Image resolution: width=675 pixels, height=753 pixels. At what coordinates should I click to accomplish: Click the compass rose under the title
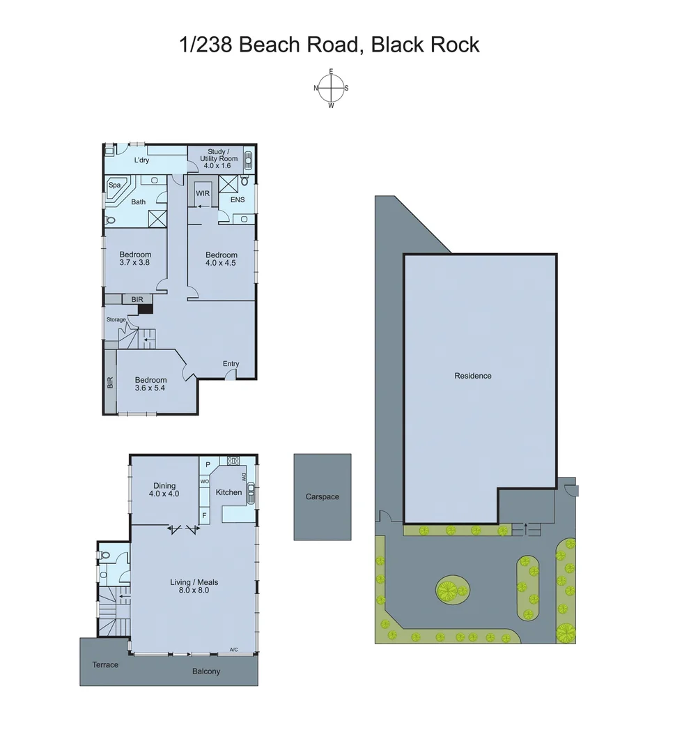click(x=331, y=89)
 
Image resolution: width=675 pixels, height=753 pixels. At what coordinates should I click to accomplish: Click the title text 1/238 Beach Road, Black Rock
click(x=329, y=45)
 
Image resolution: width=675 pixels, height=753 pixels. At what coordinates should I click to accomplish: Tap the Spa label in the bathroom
click(x=114, y=185)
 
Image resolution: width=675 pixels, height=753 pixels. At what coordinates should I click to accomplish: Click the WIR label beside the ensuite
click(x=203, y=193)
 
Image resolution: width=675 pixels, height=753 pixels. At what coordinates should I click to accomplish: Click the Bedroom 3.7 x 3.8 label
click(x=135, y=259)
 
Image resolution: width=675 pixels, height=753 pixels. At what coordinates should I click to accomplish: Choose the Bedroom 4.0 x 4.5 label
click(x=222, y=259)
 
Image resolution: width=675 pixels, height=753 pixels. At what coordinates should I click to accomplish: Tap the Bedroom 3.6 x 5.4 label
click(x=150, y=384)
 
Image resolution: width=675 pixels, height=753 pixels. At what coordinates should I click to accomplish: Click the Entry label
click(x=231, y=364)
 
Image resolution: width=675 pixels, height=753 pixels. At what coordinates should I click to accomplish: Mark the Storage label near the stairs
click(x=116, y=319)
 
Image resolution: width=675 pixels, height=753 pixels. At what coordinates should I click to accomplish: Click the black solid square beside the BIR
click(x=145, y=310)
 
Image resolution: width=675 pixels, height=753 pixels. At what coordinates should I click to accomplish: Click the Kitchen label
click(x=228, y=492)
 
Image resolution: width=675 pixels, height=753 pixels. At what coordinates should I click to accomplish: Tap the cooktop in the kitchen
click(x=233, y=460)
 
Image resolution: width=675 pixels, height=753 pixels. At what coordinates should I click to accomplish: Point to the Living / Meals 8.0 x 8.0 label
click(x=189, y=586)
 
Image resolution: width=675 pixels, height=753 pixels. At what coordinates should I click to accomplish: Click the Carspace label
click(x=323, y=497)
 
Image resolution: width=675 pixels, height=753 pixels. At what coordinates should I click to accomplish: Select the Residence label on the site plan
click(x=473, y=376)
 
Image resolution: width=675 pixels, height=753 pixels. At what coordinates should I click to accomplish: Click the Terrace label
click(x=105, y=664)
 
